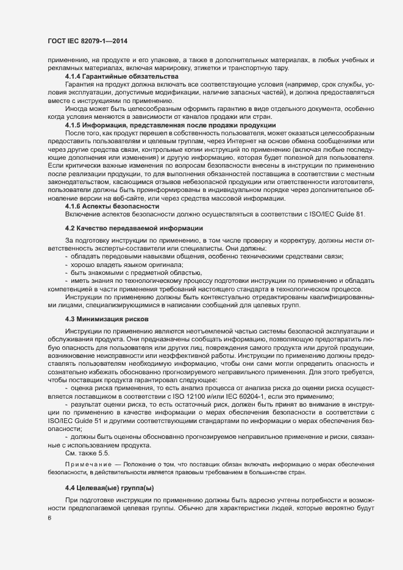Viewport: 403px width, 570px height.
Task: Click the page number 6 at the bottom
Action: (x=49, y=519)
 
